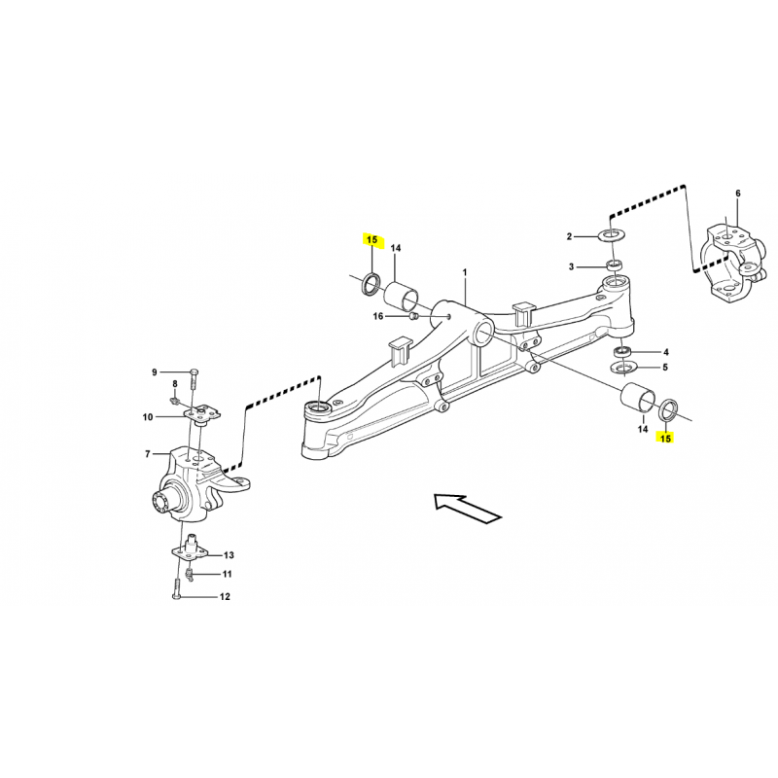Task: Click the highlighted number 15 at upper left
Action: tap(371, 240)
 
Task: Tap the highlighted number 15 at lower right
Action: tap(665, 439)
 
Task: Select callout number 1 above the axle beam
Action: tap(465, 272)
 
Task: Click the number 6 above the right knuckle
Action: tap(738, 193)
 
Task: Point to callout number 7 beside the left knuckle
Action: tap(148, 454)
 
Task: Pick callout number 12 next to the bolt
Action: tap(225, 596)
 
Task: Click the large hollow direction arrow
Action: tap(468, 508)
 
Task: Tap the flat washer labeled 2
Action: tap(615, 233)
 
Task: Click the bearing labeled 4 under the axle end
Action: tap(622, 351)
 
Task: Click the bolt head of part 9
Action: tap(194, 371)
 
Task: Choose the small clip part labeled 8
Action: tap(175, 399)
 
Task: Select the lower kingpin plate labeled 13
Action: tap(191, 548)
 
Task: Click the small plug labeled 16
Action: tap(412, 315)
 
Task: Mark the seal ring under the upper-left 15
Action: tap(371, 283)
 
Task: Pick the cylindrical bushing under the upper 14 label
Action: tap(402, 296)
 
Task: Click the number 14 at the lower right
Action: tap(643, 428)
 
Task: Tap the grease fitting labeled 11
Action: tap(188, 575)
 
